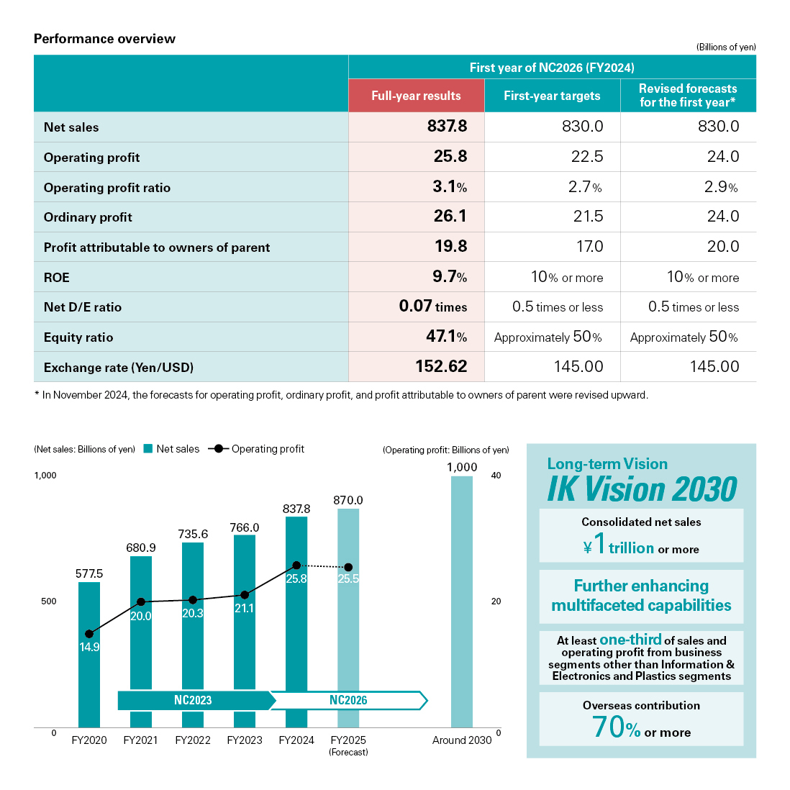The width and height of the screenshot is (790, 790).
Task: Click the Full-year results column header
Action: pos(416,96)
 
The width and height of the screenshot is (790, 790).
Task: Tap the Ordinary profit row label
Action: pos(88,217)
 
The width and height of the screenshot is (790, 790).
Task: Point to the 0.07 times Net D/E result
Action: pos(432,307)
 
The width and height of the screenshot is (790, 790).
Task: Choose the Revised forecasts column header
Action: pos(688,95)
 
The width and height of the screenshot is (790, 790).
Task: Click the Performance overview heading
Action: pos(104,39)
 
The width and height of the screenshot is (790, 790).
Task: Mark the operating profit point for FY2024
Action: pos(296,566)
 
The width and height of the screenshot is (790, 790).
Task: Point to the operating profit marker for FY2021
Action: pos(141,601)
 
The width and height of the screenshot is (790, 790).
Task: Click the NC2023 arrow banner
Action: pos(193,700)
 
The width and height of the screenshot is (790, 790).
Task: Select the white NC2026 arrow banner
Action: pos(348,700)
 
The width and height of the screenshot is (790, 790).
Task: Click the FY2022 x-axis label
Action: pos(193,740)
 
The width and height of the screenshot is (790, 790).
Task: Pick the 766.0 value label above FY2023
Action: pos(245,527)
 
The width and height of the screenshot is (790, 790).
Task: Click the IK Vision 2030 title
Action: pos(642,489)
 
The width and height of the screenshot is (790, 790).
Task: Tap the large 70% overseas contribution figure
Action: pos(616,727)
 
